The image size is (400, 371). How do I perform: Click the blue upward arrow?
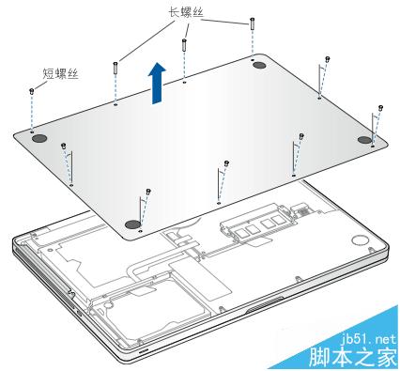coord(157,83)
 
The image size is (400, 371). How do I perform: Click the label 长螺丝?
coord(186,13)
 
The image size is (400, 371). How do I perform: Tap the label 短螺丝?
coord(60,74)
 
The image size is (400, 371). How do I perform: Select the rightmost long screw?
coord(253,23)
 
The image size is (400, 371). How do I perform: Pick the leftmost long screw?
coord(115,68)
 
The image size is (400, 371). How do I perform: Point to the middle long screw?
coord(184,45)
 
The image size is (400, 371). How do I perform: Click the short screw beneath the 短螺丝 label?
coord(31,91)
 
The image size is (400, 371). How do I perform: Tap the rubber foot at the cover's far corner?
coord(259,65)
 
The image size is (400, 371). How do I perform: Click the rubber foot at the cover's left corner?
coord(40,138)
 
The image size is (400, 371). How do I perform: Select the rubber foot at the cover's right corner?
coord(364,140)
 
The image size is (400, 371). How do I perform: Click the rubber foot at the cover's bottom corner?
coord(132,224)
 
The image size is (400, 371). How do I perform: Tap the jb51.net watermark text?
coord(369,339)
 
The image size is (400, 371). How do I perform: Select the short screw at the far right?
coord(381,108)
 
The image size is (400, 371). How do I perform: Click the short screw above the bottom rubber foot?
coord(148,192)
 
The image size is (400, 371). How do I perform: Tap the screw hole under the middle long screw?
coord(184,83)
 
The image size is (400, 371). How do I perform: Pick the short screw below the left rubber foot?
coord(64,146)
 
